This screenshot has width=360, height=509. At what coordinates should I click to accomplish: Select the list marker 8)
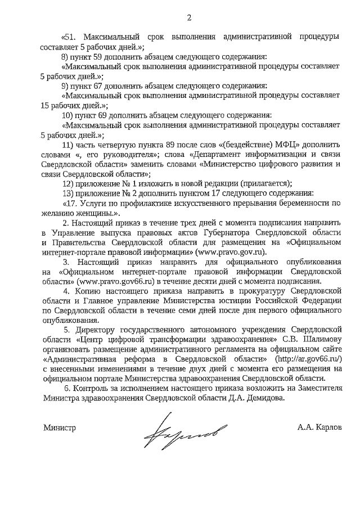65,57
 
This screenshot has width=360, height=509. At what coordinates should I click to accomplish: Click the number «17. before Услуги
71,203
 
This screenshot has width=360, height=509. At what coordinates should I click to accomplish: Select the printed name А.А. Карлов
319,427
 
